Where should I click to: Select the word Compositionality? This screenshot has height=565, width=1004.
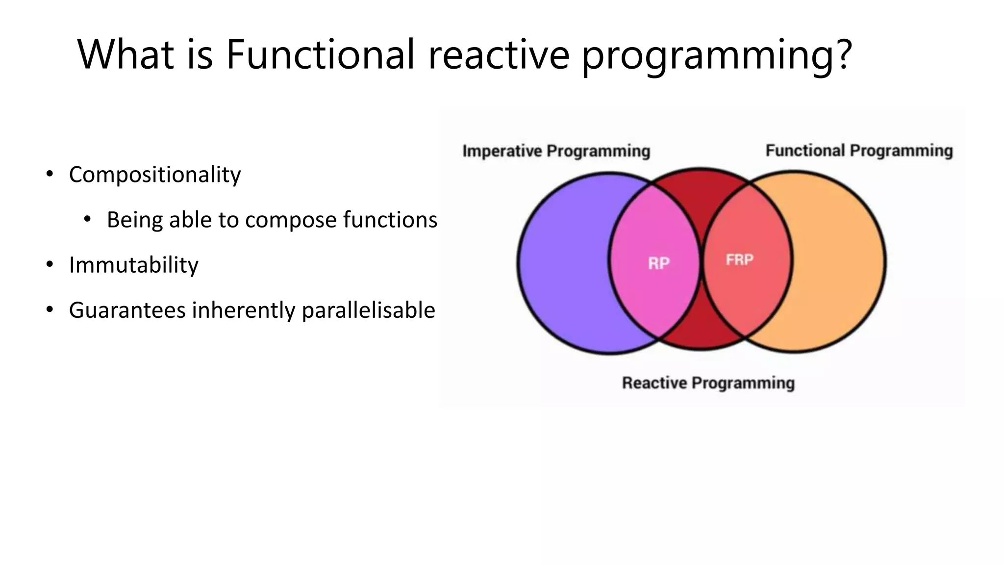pos(155,175)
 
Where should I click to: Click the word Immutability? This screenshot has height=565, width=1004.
pos(133,265)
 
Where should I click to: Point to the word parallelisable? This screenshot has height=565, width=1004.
pos(368,310)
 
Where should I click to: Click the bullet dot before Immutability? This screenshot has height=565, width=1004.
pos(50,265)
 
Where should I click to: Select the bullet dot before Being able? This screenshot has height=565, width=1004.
pos(87,219)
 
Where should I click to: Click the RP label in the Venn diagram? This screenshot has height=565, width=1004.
pos(658,263)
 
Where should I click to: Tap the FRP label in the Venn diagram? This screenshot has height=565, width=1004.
pos(739,259)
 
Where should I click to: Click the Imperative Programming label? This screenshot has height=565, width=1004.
pos(556,151)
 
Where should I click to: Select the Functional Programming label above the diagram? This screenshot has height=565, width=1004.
pos(859,151)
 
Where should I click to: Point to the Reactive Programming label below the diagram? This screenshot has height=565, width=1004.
pos(708,383)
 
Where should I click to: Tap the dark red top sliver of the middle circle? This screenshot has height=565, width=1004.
pos(700,191)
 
